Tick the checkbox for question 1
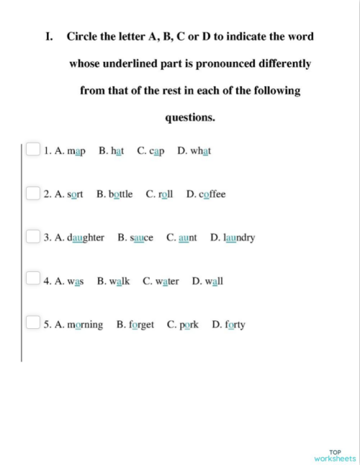tap(33, 150)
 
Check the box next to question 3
tap(33, 236)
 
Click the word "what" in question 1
tap(201, 151)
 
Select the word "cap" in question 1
tap(157, 151)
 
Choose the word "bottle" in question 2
tap(120, 194)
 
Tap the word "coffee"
tap(212, 194)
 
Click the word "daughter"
tap(85, 238)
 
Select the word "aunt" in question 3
tap(187, 238)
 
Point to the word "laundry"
tap(239, 238)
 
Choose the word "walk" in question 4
tap(119, 281)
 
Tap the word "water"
tap(166, 281)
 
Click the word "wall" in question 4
tap(214, 281)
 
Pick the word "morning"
tap(84, 325)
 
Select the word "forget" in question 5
tap(141, 325)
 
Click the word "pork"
tap(189, 325)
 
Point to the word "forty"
tap(235, 325)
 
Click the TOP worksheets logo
tap(335, 455)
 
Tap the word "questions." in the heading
tap(190, 117)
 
